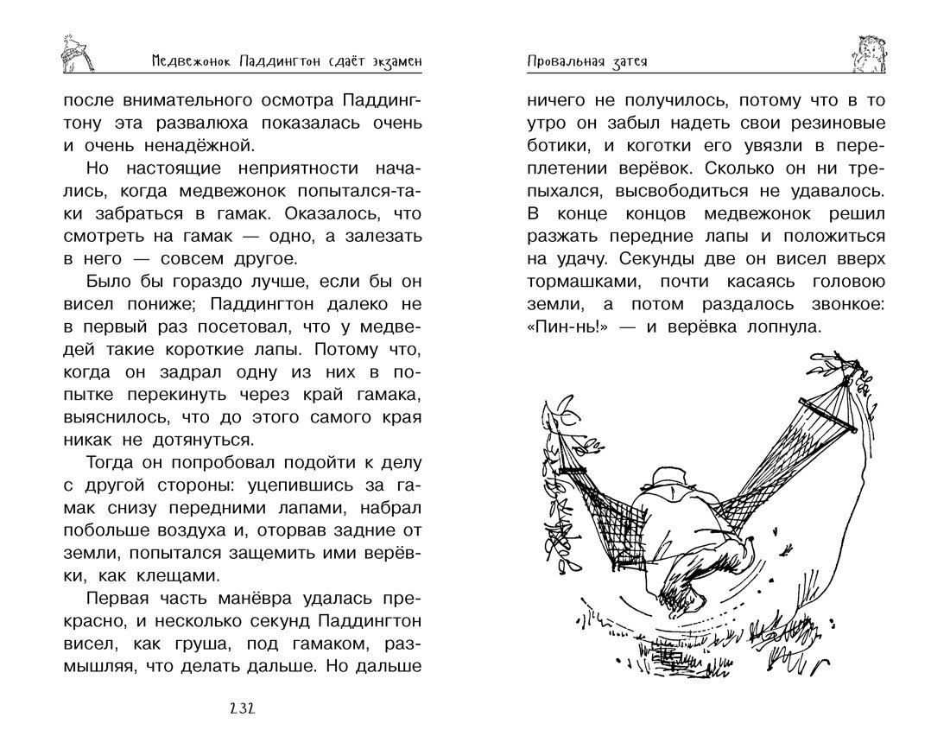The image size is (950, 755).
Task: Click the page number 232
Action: coord(242,710)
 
